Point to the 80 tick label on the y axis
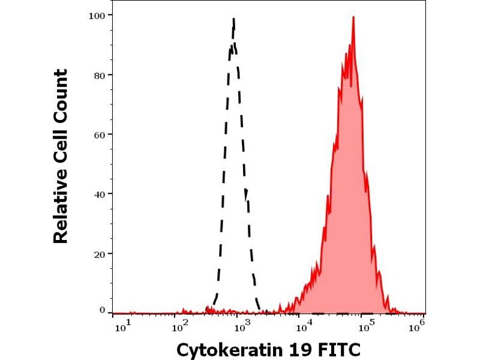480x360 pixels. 101,75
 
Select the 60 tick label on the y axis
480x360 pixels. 101,134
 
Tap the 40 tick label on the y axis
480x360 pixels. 101,194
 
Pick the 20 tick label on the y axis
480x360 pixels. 101,253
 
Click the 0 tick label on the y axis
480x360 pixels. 103,310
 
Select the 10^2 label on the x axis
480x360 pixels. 180,326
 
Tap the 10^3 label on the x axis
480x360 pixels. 242,326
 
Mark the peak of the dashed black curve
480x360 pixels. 233,19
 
